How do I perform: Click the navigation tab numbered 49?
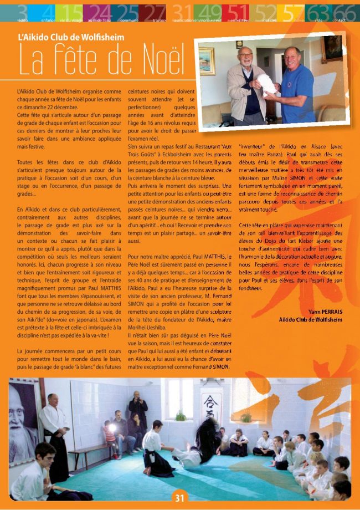coord(209,12)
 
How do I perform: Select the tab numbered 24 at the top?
coord(100,12)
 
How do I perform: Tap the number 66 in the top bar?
coord(344,12)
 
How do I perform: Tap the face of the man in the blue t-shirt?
coord(292,58)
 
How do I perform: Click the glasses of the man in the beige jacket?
coord(246,57)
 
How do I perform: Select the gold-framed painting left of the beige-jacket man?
coord(207,62)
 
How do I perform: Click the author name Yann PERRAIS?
coord(326,312)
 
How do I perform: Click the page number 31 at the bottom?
coord(179,498)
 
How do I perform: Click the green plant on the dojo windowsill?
coord(181,416)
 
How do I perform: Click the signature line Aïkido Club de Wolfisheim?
coord(311,320)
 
